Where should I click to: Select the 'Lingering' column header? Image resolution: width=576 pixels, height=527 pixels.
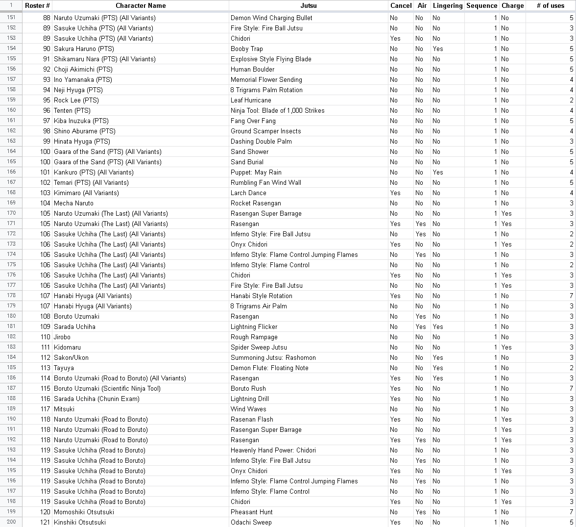pyautogui.click(x=447, y=6)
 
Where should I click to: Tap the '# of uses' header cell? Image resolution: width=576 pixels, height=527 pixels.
pyautogui.click(x=550, y=6)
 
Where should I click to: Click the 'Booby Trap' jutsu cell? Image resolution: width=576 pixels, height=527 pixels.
pyautogui.click(x=247, y=49)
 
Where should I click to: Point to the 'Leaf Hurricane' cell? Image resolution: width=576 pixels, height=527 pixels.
pyautogui.click(x=251, y=100)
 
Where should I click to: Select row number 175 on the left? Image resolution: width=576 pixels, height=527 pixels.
pyautogui.click(x=11, y=265)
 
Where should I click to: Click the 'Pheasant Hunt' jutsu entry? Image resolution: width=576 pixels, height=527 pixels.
pyautogui.click(x=252, y=512)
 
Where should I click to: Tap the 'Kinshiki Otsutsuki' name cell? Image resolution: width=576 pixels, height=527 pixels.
pyautogui.click(x=80, y=522)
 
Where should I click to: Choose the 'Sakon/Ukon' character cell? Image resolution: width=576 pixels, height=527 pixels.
pyautogui.click(x=71, y=357)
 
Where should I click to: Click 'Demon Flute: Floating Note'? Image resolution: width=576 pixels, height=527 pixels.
pyautogui.click(x=269, y=368)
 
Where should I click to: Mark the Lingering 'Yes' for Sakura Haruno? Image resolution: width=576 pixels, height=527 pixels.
pyautogui.click(x=437, y=49)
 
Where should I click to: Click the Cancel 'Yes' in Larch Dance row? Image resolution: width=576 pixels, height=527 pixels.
pyautogui.click(x=395, y=193)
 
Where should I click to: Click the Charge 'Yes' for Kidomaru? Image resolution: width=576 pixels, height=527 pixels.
pyautogui.click(x=506, y=347)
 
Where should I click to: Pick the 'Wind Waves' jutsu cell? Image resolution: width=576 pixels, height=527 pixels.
pyautogui.click(x=248, y=409)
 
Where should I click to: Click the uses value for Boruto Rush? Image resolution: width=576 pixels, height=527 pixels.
pyautogui.click(x=571, y=388)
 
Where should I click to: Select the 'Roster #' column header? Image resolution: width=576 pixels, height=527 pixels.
pyautogui.click(x=37, y=6)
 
